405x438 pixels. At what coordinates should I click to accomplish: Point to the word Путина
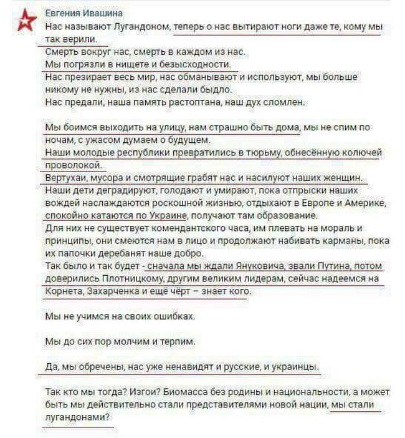coord(322,266)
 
